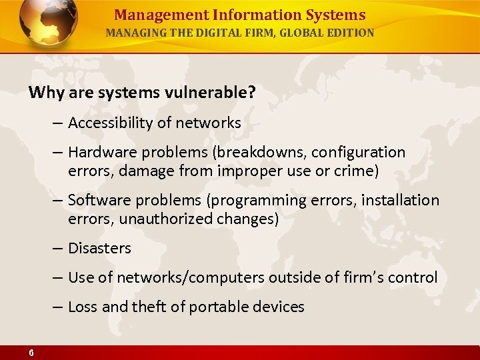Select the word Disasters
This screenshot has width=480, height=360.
[99, 249]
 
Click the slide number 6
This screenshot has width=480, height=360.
[31, 353]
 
